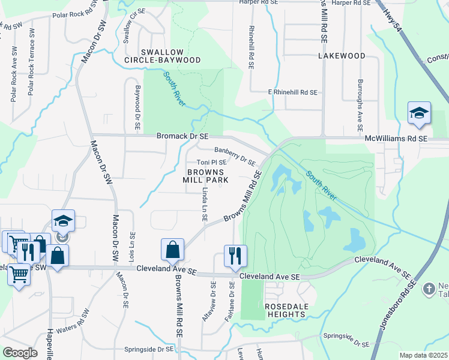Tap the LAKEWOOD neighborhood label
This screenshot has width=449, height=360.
click(x=342, y=56)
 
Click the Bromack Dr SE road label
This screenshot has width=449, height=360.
click(x=182, y=137)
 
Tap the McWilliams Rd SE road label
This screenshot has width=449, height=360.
click(x=396, y=139)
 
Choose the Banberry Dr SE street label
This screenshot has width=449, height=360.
click(x=235, y=157)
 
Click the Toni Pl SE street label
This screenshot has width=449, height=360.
click(x=212, y=162)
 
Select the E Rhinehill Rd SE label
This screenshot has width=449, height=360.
click(x=292, y=92)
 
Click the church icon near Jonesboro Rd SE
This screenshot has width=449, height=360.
click(x=429, y=289)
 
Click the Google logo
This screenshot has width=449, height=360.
click(x=20, y=353)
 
